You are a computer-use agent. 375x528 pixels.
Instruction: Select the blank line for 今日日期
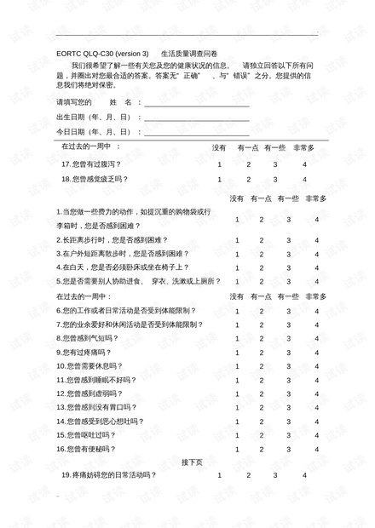pyautogui.click(x=196, y=135)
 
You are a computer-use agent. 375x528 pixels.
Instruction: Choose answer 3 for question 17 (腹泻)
pyautogui.click(x=275, y=164)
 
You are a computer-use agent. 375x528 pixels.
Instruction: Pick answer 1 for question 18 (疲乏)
pyautogui.click(x=220, y=179)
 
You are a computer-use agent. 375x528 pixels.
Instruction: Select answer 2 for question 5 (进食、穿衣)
pyautogui.click(x=262, y=280)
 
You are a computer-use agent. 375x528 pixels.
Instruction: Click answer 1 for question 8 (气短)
pyautogui.click(x=238, y=337)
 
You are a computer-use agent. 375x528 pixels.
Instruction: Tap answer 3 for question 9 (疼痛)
pyautogui.click(x=288, y=352)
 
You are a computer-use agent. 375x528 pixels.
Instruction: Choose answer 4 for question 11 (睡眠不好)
pyautogui.click(x=316, y=379)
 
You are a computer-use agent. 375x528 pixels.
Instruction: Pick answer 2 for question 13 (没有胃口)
pyautogui.click(x=262, y=407)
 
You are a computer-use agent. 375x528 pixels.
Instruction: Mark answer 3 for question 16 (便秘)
pyautogui.click(x=288, y=448)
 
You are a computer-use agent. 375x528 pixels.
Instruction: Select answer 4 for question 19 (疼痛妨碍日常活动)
pyautogui.click(x=303, y=475)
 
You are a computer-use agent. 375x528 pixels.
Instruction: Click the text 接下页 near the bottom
pyautogui.click(x=192, y=462)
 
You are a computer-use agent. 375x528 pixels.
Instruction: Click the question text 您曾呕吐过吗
pyautogui.click(x=93, y=434)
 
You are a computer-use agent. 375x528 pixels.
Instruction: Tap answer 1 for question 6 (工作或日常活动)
pyautogui.click(x=238, y=310)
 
